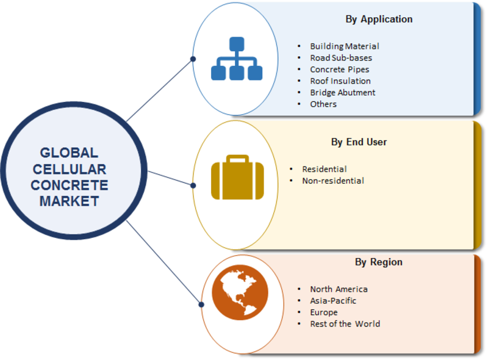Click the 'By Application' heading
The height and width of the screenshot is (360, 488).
click(379, 19)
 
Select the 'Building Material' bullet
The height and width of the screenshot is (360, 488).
click(344, 46)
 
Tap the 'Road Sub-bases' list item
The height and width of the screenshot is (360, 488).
click(340, 58)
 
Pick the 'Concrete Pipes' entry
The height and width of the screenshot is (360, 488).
click(339, 70)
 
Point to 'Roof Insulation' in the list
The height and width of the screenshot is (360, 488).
click(340, 81)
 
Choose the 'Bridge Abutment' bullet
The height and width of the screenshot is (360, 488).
click(342, 93)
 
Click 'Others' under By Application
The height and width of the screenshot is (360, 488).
click(323, 104)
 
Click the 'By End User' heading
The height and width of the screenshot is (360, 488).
click(359, 142)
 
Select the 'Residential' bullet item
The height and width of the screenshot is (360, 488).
click(325, 169)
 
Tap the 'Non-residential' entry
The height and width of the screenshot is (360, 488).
click(333, 181)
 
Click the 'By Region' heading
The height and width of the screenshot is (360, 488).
click(378, 262)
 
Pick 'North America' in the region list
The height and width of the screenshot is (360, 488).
click(339, 289)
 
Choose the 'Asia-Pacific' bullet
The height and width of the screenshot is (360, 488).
click(333, 301)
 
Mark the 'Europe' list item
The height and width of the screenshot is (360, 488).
click(323, 312)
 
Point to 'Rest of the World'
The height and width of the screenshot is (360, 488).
click(345, 324)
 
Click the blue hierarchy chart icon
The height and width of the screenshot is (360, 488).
click(236, 59)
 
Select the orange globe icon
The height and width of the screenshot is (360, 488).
click(240, 292)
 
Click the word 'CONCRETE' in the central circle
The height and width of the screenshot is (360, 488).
click(69, 185)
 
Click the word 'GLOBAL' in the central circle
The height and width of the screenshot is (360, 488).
click(69, 153)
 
